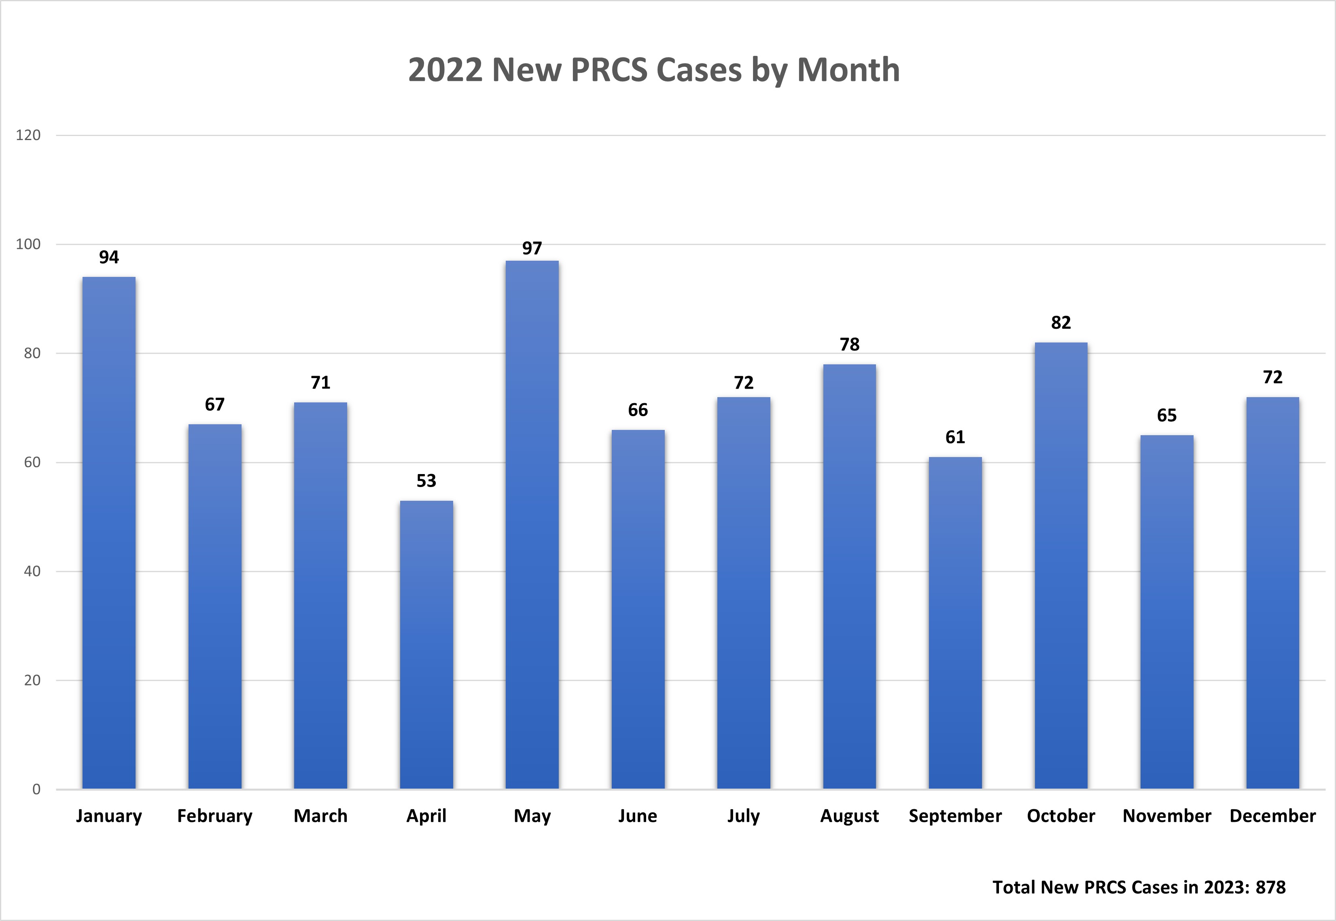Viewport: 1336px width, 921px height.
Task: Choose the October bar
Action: pos(1060,565)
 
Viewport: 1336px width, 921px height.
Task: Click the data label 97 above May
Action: pos(532,248)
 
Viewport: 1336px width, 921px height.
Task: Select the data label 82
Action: pos(1060,323)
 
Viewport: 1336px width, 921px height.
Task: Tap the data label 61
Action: pos(955,437)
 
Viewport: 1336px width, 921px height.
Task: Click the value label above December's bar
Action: pos(1272,377)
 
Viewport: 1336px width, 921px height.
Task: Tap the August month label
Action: pos(849,816)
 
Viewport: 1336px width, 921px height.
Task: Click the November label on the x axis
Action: pos(1166,816)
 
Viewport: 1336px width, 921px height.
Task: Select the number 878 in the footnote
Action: pos(1270,887)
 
